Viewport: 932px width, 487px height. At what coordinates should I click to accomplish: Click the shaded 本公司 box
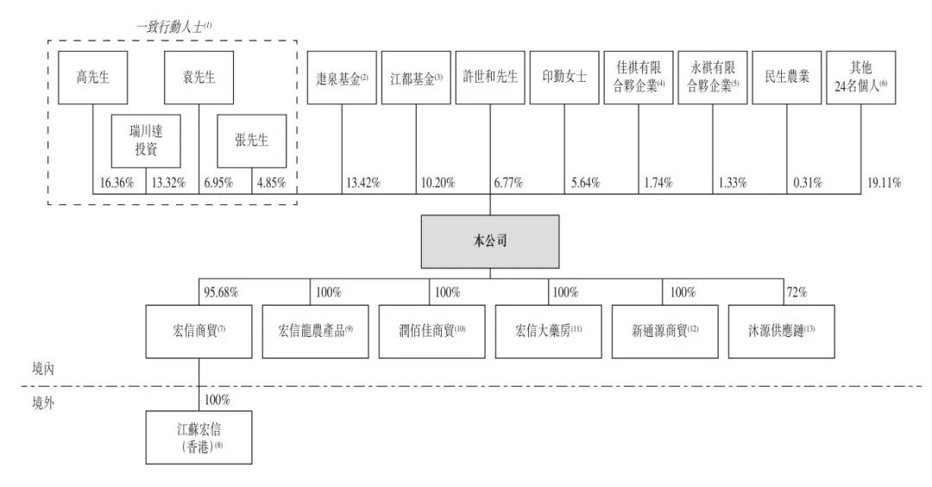(490, 241)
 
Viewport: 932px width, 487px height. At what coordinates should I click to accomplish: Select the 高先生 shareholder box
(92, 78)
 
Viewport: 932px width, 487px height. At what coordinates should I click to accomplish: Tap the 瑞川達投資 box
(146, 140)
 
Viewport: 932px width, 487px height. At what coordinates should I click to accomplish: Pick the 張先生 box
(251, 140)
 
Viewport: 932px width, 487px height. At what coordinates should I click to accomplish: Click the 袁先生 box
(198, 78)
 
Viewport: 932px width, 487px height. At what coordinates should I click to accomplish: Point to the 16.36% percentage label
(116, 183)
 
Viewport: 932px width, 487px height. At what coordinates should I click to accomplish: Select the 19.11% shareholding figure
(884, 183)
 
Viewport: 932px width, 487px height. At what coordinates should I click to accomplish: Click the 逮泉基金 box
(342, 78)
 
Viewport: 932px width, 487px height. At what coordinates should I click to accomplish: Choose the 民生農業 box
(787, 78)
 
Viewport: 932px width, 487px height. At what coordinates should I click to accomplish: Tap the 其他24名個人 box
(860, 78)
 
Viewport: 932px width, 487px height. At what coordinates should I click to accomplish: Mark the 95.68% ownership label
(221, 292)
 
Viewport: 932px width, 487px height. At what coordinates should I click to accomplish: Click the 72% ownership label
(797, 292)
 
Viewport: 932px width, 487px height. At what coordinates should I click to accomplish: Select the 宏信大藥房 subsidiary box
(548, 331)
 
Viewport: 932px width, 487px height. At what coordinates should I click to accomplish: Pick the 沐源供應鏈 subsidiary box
(781, 331)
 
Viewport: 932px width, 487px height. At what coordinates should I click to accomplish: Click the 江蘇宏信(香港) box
(198, 437)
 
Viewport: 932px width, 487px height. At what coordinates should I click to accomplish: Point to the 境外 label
(43, 403)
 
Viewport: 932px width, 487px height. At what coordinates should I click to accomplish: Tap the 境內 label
(43, 369)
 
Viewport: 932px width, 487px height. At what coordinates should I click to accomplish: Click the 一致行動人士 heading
(173, 27)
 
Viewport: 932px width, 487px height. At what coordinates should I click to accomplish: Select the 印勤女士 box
(564, 78)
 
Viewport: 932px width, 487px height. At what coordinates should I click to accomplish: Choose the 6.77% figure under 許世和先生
(508, 183)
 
